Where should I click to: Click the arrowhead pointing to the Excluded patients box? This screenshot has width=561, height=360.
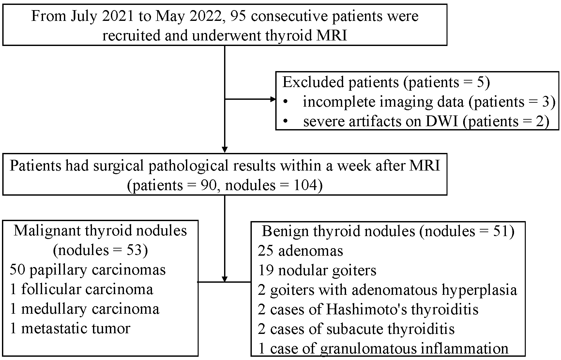[273, 99]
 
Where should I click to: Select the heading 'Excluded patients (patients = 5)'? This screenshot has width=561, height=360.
[386, 82]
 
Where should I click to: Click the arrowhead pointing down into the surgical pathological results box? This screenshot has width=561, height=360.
[225, 149]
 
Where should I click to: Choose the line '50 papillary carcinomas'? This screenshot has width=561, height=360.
[88, 270]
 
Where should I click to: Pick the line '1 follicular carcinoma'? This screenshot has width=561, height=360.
[81, 289]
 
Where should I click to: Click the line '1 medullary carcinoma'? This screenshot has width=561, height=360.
[84, 309]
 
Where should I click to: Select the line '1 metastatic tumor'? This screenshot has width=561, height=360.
[70, 328]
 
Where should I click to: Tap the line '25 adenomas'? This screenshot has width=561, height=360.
[300, 251]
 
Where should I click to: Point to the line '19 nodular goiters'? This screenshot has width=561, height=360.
[317, 270]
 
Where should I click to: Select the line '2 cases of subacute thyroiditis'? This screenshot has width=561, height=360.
[356, 329]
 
